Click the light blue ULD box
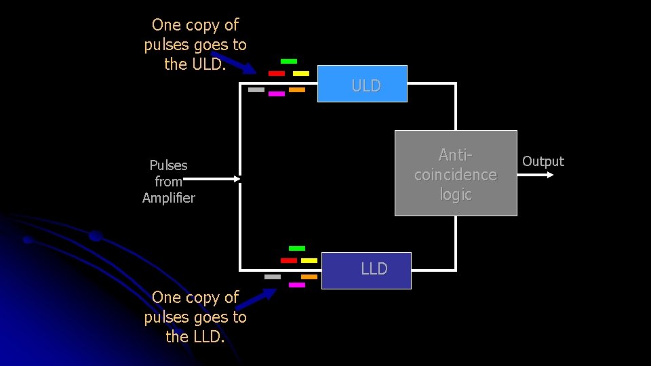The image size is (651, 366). coord(362,83)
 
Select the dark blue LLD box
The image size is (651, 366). coord(366,270)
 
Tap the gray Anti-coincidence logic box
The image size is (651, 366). coord(456,173)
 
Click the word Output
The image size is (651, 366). coord(542,161)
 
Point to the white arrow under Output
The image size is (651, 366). coord(536,175)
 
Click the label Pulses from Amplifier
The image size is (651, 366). coord(168,182)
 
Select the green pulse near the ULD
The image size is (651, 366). coord(289,62)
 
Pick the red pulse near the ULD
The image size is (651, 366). coord(277,73)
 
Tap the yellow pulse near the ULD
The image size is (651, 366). coord(301,73)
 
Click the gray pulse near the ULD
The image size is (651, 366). coord(256,89)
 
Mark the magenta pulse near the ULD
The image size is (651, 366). coord(277,94)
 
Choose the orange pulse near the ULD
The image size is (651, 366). coord(297,89)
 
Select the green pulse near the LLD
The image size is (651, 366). coord(297,249)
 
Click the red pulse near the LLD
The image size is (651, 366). coord(289,260)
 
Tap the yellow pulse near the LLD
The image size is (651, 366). coord(309,260)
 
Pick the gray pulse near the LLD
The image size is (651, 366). coord(273,277)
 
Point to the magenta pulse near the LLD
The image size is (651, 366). coord(297,285)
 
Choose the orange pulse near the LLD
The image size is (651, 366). coord(309,277)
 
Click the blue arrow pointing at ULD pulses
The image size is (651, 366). coord(234,62)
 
